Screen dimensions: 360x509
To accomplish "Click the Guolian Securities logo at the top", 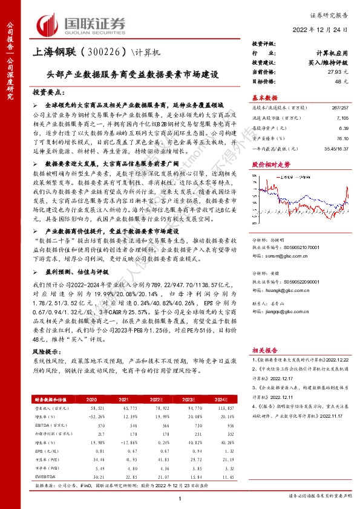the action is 82,25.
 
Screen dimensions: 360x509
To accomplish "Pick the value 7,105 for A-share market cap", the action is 336,119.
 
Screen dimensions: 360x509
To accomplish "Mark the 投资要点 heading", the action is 49,92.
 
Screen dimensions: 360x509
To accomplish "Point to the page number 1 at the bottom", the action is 180,498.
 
